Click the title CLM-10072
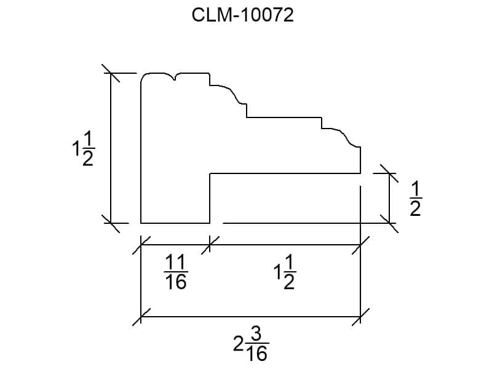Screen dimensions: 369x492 coord(243,15)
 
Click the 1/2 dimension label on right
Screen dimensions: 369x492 coord(415,199)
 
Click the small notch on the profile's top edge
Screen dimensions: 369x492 coord(175,76)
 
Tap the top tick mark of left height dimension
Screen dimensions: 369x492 coord(111,73)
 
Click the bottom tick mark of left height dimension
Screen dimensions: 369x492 coord(111,223)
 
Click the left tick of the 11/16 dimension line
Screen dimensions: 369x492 coord(141,245)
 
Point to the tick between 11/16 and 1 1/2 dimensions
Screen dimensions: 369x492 coord(210,245)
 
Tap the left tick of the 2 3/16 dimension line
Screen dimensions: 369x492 coord(141,317)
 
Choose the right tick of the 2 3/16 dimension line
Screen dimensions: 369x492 coord(360,317)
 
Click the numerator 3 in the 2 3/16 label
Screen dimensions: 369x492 coord(257,335)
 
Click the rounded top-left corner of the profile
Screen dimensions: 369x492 coord(144,77)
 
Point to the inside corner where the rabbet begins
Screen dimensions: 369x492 coord(211,174)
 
